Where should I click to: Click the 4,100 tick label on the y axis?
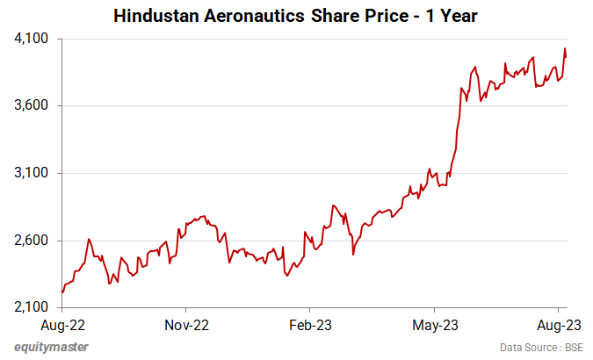(x=32, y=39)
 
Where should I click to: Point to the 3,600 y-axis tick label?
(x=32, y=106)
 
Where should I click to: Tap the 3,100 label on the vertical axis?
(x=32, y=173)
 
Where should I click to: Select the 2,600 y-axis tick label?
(x=32, y=241)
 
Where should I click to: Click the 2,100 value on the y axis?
(x=32, y=307)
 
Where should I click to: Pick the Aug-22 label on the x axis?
(x=62, y=324)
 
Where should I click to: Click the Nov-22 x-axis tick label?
(x=186, y=324)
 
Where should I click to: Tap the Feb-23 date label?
(x=311, y=324)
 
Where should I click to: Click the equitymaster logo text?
(x=51, y=348)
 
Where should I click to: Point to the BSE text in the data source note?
(x=574, y=348)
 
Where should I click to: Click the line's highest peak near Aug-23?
(x=565, y=48)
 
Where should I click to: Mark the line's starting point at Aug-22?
(x=62, y=292)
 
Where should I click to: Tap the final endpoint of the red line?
(x=566, y=57)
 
